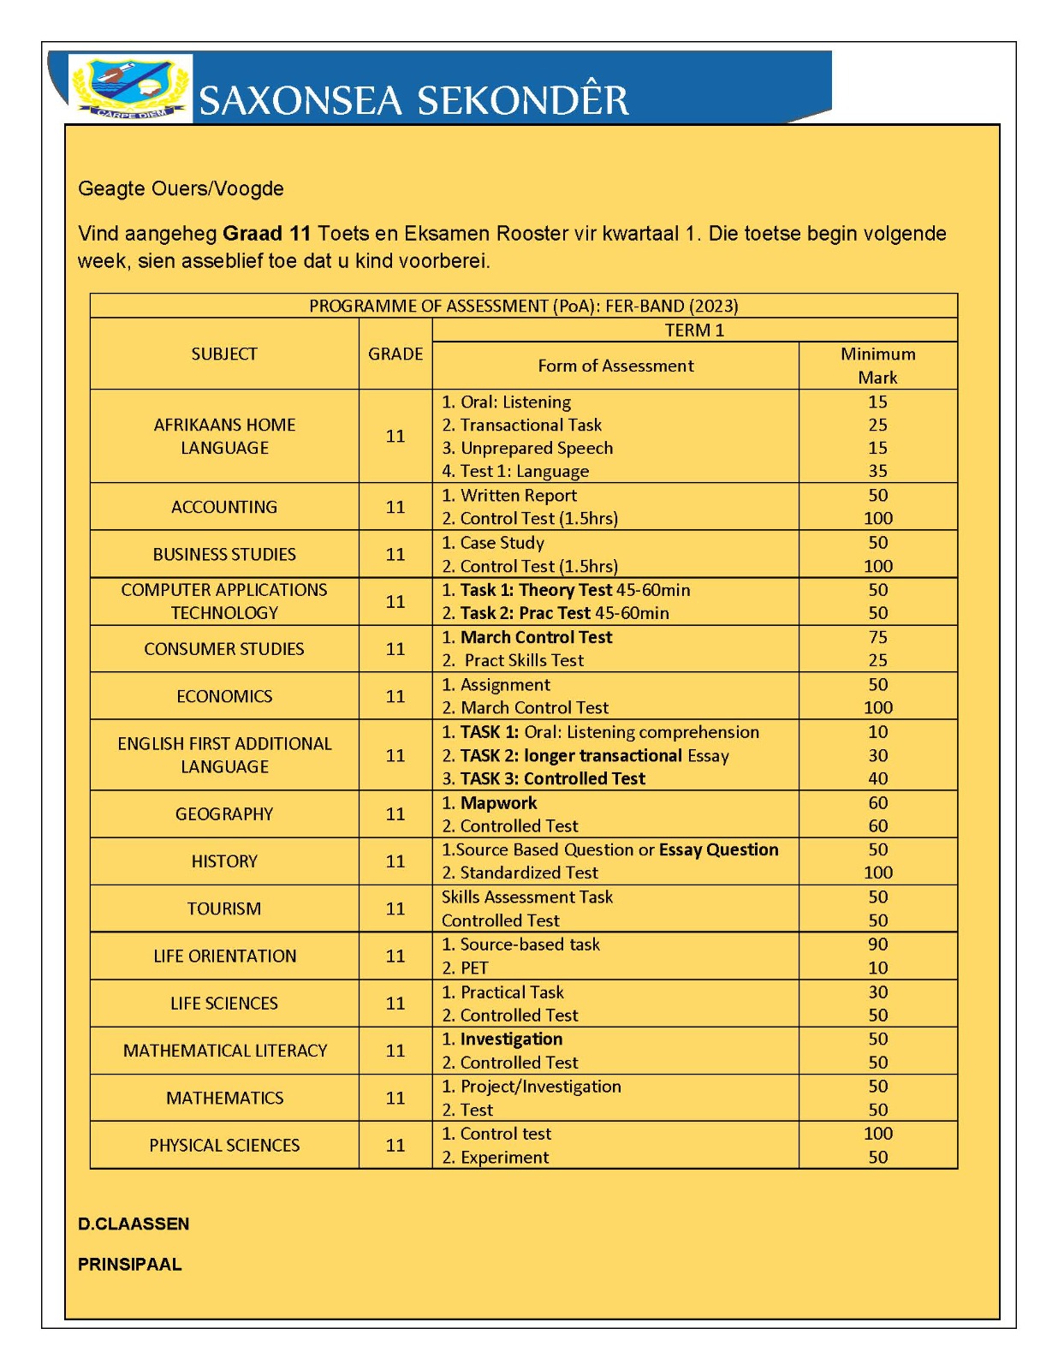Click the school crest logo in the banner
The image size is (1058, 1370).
coord(130,88)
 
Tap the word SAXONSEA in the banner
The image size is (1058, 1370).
coord(300,101)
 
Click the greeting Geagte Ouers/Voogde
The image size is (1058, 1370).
coord(181,188)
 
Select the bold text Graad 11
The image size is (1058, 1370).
coord(266,234)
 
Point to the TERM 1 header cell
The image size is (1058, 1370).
coord(694,331)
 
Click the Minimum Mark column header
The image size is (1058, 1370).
coord(877,366)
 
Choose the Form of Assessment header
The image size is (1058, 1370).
coord(615,366)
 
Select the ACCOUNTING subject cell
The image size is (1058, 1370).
coord(224,507)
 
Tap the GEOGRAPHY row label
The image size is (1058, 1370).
coord(224,814)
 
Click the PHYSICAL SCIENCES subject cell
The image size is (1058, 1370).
coord(224,1146)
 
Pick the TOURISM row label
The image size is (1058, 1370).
coord(224,908)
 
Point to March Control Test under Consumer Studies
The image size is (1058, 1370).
coord(536,637)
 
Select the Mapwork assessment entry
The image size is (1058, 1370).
coord(498,803)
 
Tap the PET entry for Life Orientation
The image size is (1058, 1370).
coord(474,968)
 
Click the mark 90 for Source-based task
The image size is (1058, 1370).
coord(877,944)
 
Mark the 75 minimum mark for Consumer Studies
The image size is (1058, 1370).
coord(877,637)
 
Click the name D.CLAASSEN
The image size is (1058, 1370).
coord(134,1224)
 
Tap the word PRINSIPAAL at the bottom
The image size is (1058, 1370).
coord(130,1265)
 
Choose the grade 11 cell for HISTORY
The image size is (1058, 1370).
coord(395,861)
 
